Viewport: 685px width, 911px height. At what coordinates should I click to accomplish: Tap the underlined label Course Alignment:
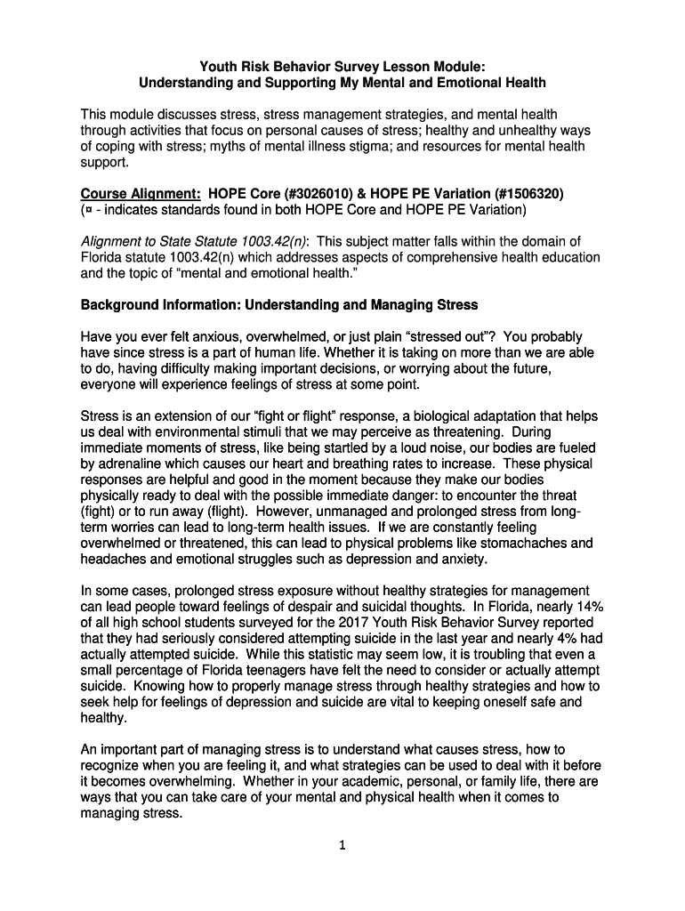point(141,194)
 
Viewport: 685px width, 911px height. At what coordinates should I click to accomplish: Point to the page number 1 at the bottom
point(342,846)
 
